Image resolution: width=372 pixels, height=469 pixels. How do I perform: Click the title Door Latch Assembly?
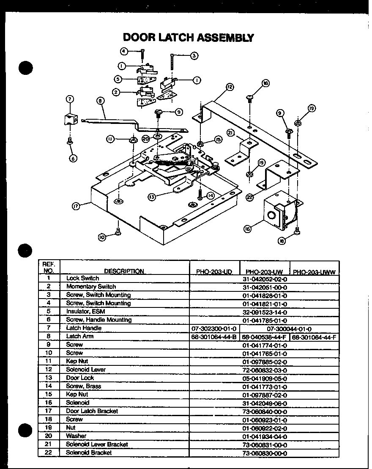(x=188, y=37)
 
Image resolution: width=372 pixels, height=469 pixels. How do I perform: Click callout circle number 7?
(x=70, y=99)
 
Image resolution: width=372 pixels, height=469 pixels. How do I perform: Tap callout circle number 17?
(x=76, y=206)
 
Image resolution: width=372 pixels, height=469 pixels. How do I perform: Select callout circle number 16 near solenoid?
(x=247, y=229)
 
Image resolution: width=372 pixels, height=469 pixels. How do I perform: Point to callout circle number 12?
(x=230, y=87)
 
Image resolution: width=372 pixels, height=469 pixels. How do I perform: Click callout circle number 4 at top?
(x=124, y=51)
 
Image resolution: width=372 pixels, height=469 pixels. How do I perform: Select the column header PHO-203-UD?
(x=214, y=272)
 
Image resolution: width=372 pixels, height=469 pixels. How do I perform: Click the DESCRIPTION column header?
(x=124, y=272)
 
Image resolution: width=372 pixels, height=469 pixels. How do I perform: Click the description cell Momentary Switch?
(x=85, y=287)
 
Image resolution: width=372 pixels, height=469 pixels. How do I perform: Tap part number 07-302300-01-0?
(x=214, y=328)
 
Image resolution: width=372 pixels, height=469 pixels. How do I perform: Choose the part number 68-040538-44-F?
(x=265, y=337)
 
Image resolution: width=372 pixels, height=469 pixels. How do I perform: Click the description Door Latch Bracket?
(x=92, y=411)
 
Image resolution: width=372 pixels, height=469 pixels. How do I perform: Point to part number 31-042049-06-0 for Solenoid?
(x=265, y=403)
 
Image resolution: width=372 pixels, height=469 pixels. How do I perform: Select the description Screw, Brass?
(x=83, y=386)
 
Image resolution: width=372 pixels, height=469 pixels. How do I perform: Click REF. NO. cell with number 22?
(x=49, y=453)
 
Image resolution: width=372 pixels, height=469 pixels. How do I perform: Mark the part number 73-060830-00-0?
(x=265, y=453)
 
